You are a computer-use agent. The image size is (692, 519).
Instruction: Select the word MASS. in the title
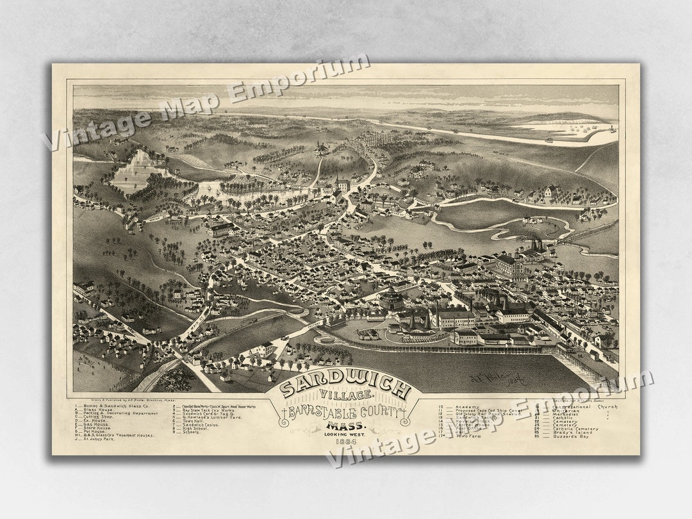click(345, 425)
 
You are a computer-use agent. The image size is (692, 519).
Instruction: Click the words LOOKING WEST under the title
click(345, 434)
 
